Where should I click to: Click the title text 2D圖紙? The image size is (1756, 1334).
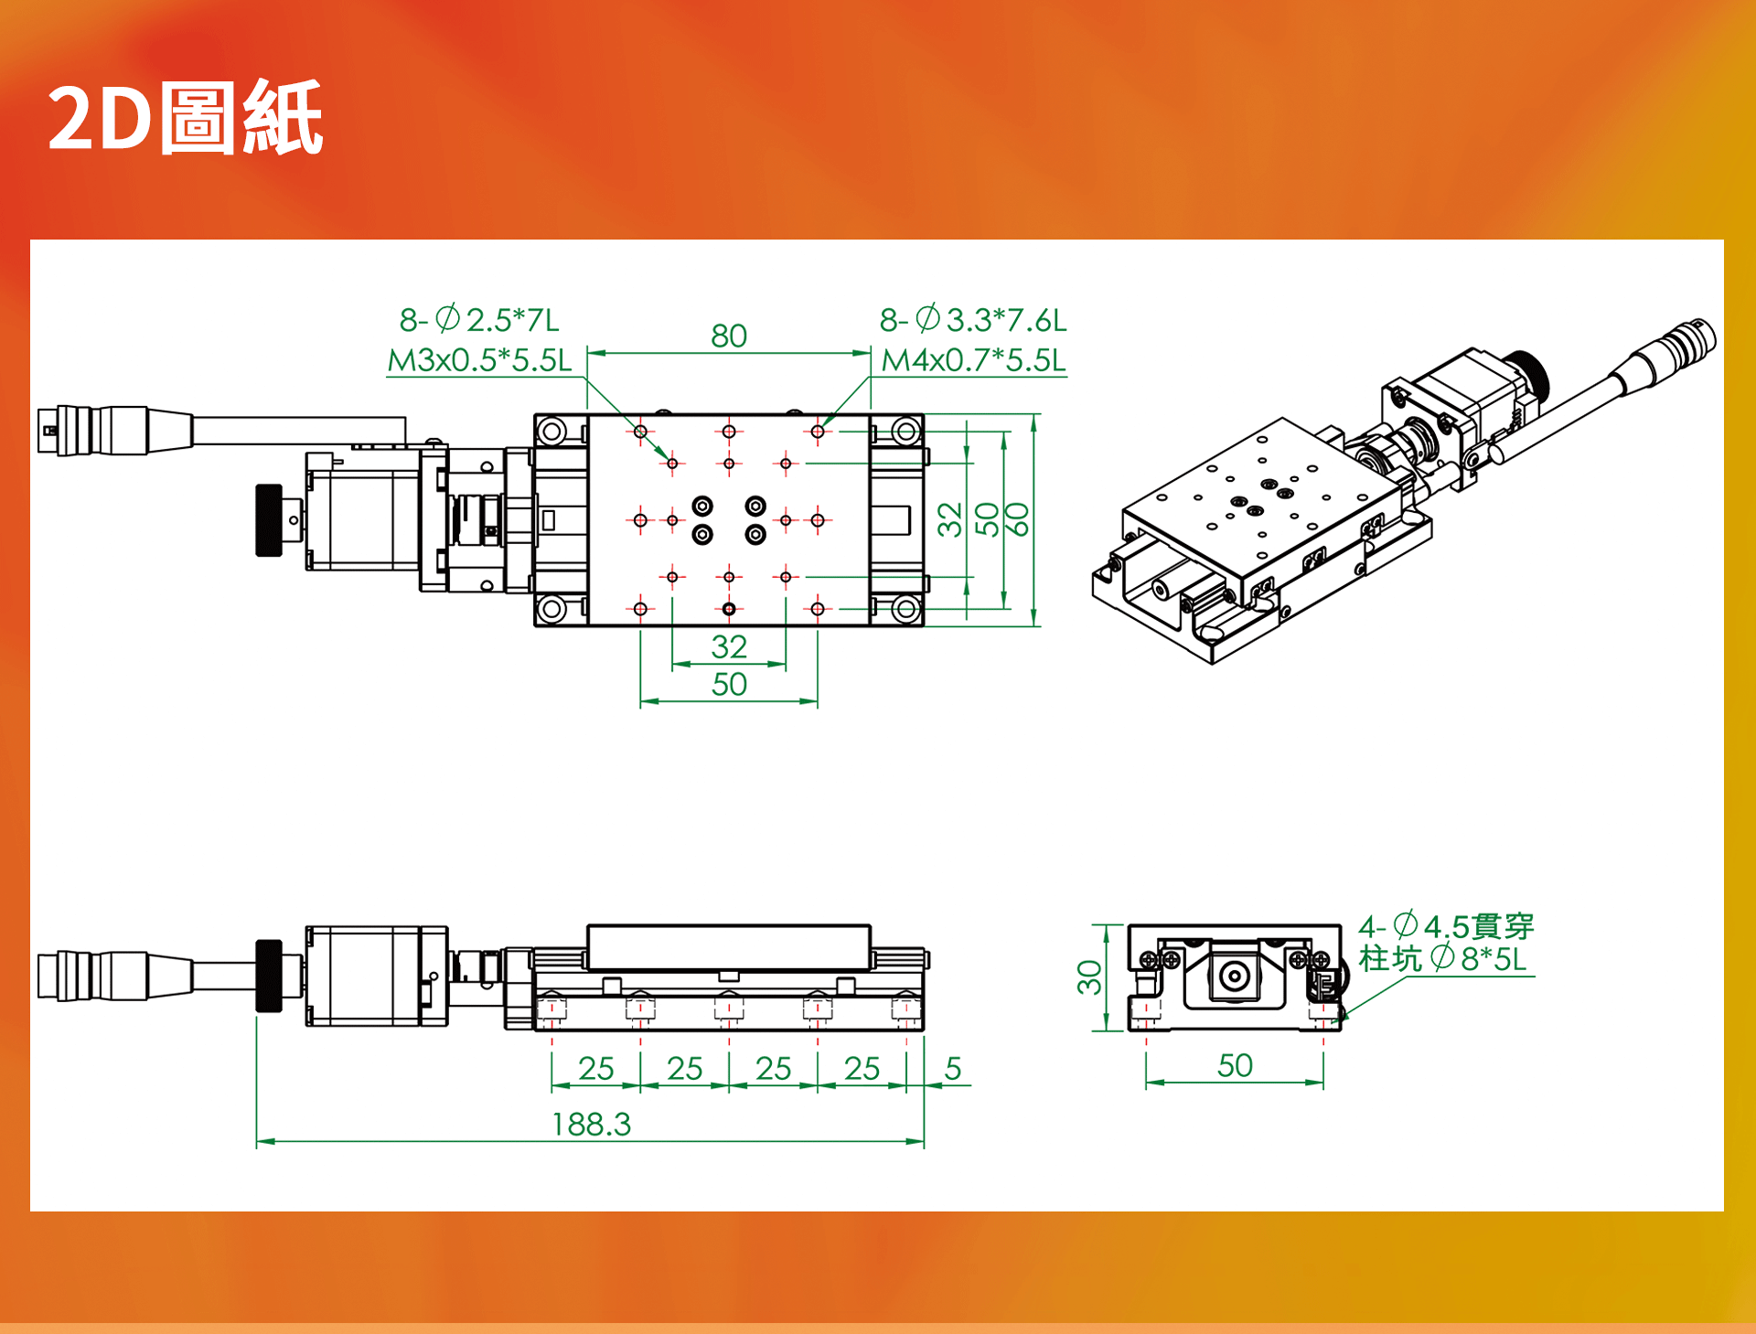coord(185,117)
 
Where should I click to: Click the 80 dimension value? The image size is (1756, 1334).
coord(729,336)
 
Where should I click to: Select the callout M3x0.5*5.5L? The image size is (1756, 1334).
coord(479,360)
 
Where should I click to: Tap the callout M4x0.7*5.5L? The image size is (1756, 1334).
coord(974,360)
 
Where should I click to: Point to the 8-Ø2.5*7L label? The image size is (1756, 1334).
coord(479,320)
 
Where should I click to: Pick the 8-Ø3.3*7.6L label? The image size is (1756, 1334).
coord(973,320)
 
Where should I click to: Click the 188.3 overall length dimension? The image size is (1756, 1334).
coord(592,1124)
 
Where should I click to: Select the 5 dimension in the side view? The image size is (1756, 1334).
coord(953,1068)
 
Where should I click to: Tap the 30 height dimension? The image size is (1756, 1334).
coord(1089,977)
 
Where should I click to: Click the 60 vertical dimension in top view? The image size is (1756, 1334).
coord(1017,519)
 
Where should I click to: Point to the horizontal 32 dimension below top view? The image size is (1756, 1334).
coord(729,646)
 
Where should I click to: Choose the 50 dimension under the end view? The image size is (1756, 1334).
coord(1235,1065)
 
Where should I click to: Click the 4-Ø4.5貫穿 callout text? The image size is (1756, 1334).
coord(1446,926)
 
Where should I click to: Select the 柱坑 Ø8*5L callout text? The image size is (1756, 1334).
coord(1442,958)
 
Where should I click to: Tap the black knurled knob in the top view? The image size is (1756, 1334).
coord(269,520)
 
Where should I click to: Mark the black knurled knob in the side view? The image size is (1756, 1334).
coord(269,976)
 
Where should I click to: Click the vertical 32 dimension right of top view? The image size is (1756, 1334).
coord(950,519)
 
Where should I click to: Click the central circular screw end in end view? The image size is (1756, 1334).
coord(1234,976)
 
